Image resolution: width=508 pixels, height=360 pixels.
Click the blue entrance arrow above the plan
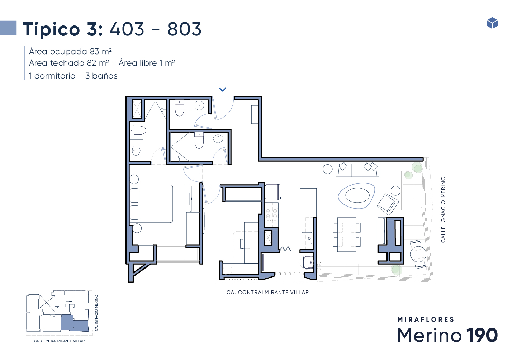pos(223,90)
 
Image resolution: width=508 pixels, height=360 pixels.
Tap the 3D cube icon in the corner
pos(492,23)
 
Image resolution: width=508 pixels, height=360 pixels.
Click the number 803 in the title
pos(184,29)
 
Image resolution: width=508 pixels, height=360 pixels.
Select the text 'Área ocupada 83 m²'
pos(70,52)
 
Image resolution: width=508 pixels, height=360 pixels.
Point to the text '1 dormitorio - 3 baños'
pos(73,76)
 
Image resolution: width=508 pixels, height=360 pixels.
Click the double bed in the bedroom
pos(151,204)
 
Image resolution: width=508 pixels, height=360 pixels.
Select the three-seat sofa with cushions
pos(357,169)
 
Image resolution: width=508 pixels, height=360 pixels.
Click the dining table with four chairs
pos(346,235)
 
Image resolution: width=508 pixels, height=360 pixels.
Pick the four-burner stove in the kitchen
pos(271,212)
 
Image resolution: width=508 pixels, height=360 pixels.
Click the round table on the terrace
pos(418,254)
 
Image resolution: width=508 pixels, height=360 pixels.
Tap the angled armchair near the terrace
pos(388,204)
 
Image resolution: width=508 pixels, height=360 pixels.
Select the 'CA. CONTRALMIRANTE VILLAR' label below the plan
pos(267,292)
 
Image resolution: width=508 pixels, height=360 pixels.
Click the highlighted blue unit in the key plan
pos(75,323)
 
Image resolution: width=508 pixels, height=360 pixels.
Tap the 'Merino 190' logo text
pos(447,335)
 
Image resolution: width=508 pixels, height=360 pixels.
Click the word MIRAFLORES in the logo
pos(426,319)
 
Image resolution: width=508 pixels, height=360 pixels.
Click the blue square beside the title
pos(8,28)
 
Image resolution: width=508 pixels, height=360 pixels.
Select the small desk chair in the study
pos(245,243)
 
